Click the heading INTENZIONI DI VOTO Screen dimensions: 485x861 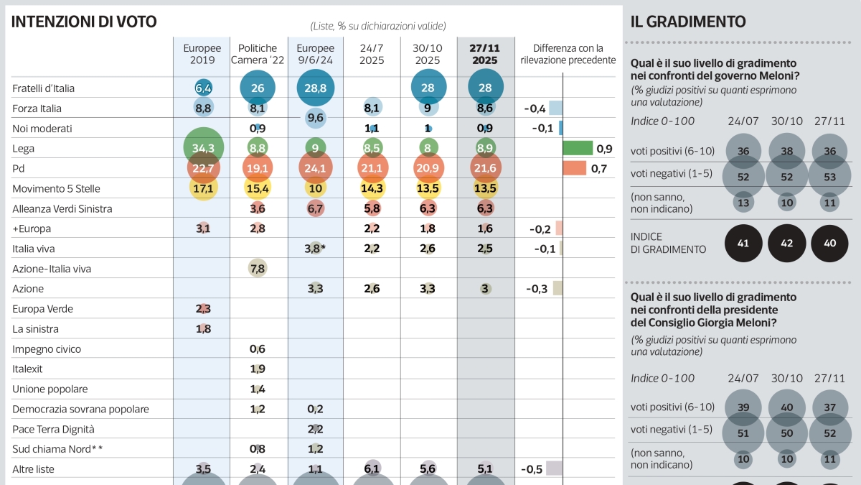coord(84,22)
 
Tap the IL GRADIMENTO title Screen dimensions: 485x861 coord(688,22)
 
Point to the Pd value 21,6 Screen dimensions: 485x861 coord(485,169)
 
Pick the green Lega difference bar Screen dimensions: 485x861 coord(578,149)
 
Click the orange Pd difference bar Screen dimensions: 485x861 coord(575,169)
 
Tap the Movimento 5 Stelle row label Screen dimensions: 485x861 coord(56,189)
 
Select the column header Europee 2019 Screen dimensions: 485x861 coord(202,54)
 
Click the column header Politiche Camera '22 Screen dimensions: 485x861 coord(258,54)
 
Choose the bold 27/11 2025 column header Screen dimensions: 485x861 coord(485,54)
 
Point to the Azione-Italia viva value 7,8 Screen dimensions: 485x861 coord(258,269)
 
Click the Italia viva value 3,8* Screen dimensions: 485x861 coord(315,249)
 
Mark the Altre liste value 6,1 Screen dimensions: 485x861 coord(372,469)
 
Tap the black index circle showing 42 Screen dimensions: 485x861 coord(787,244)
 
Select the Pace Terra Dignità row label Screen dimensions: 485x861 coord(53,429)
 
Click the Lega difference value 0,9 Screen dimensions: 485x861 coord(604,149)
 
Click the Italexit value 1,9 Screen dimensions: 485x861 coord(258,369)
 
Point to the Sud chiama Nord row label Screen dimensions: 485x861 coord(57,449)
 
